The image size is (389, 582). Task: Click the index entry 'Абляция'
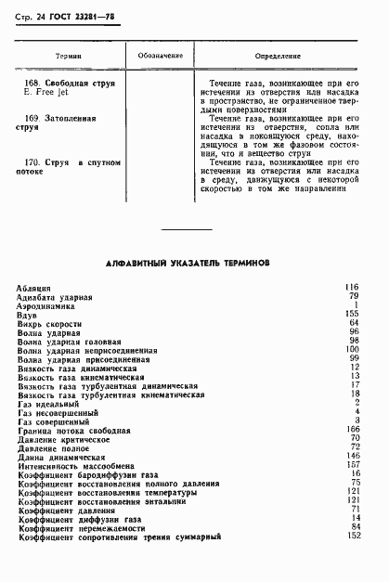[x=34, y=288]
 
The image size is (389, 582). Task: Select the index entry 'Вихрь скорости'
[x=49, y=322]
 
